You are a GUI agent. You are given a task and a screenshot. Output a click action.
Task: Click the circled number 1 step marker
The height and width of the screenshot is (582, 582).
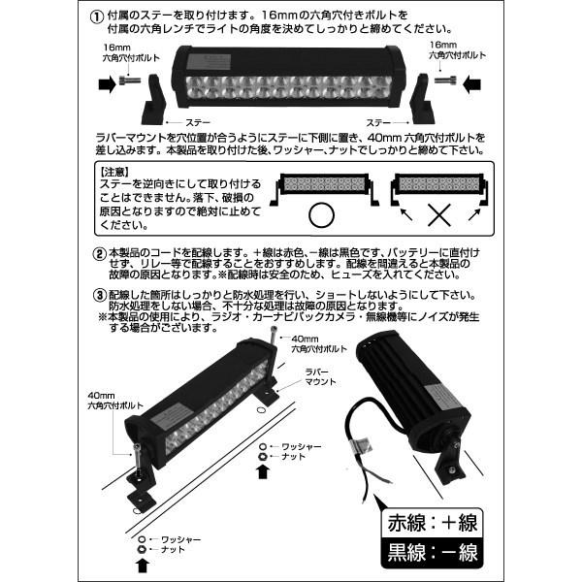point(95,16)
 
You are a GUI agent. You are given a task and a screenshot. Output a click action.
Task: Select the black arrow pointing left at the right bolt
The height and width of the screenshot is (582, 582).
point(472,84)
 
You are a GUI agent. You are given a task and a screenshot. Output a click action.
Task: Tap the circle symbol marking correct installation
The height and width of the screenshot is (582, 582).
point(319,213)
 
